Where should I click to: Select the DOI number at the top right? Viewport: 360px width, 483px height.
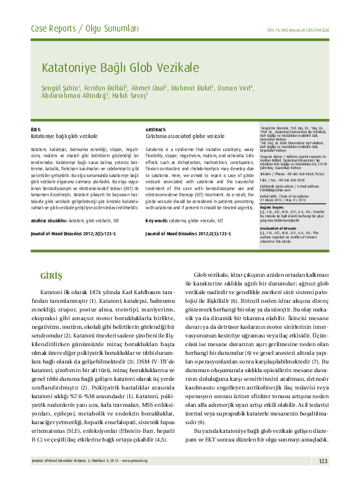[x=298, y=30]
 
